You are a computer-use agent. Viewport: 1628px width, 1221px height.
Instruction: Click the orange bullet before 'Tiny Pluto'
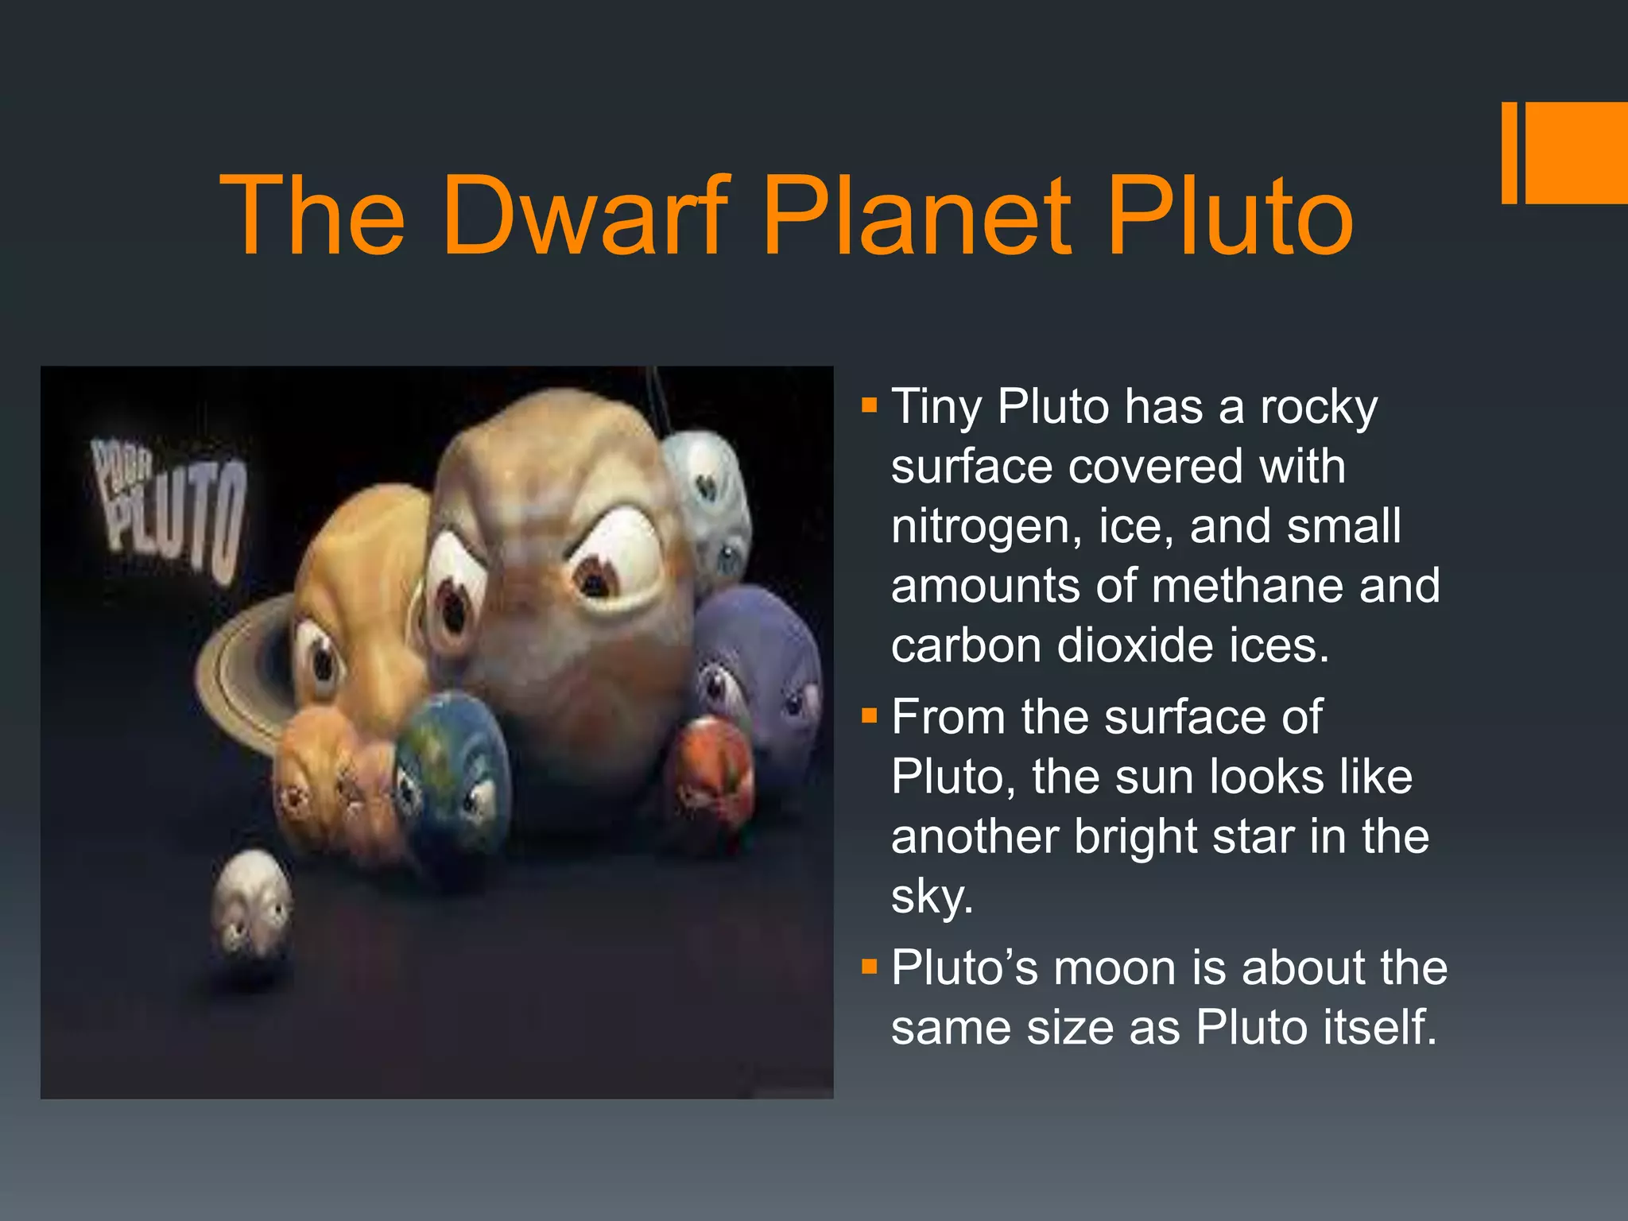[869, 406]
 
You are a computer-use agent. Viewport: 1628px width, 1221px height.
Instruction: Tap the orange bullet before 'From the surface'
[869, 717]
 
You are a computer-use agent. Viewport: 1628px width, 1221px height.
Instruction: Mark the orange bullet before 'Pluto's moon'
[869, 967]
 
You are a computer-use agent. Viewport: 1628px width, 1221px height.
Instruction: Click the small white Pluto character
[251, 902]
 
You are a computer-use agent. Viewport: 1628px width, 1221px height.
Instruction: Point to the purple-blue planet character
[759, 660]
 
